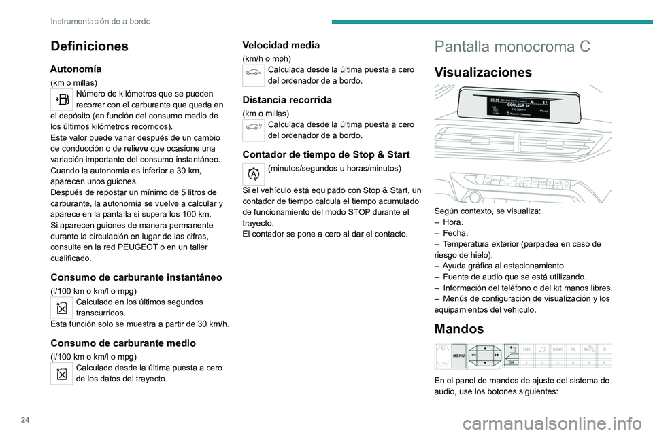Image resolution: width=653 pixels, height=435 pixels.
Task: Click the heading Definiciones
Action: pos(88,46)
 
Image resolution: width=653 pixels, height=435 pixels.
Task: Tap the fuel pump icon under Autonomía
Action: pos(62,99)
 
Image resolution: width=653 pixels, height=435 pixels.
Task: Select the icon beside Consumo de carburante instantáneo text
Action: pos(62,307)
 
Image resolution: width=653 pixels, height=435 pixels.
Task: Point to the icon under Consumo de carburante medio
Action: pos(62,373)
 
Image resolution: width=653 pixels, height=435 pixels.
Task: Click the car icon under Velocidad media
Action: pos(253,75)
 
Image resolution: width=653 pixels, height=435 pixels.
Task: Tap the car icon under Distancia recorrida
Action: pos(253,129)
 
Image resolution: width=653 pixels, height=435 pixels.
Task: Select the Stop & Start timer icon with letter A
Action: pos(253,173)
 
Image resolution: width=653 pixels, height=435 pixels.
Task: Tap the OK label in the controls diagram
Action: pos(511,363)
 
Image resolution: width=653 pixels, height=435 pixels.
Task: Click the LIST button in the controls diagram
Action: pos(526,349)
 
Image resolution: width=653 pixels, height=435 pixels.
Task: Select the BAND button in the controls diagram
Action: pos(558,349)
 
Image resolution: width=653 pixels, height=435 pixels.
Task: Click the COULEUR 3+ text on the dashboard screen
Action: pos(519,105)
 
